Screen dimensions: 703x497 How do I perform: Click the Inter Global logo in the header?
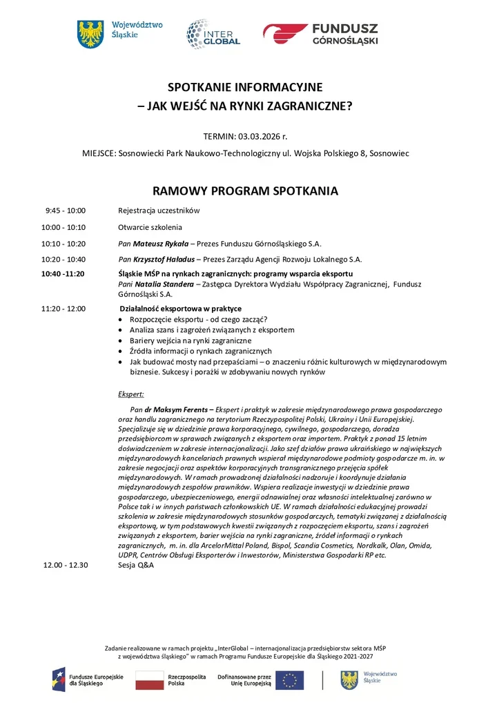coord(213,33)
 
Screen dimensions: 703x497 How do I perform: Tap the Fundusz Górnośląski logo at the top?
coord(320,33)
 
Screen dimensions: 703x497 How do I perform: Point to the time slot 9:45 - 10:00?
coord(65,210)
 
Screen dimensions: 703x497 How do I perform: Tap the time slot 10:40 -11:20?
coord(63,274)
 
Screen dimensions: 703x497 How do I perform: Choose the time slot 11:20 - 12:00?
coord(64,309)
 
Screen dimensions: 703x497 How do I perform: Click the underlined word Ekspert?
coord(131,394)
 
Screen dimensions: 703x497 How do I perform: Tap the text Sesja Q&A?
coord(136,565)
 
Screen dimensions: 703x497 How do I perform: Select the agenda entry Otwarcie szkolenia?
coord(150,227)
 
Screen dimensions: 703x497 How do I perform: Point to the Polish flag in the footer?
coord(149,680)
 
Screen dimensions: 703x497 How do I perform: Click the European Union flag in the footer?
coord(289,680)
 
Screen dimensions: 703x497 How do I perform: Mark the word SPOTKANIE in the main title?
coord(203,88)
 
